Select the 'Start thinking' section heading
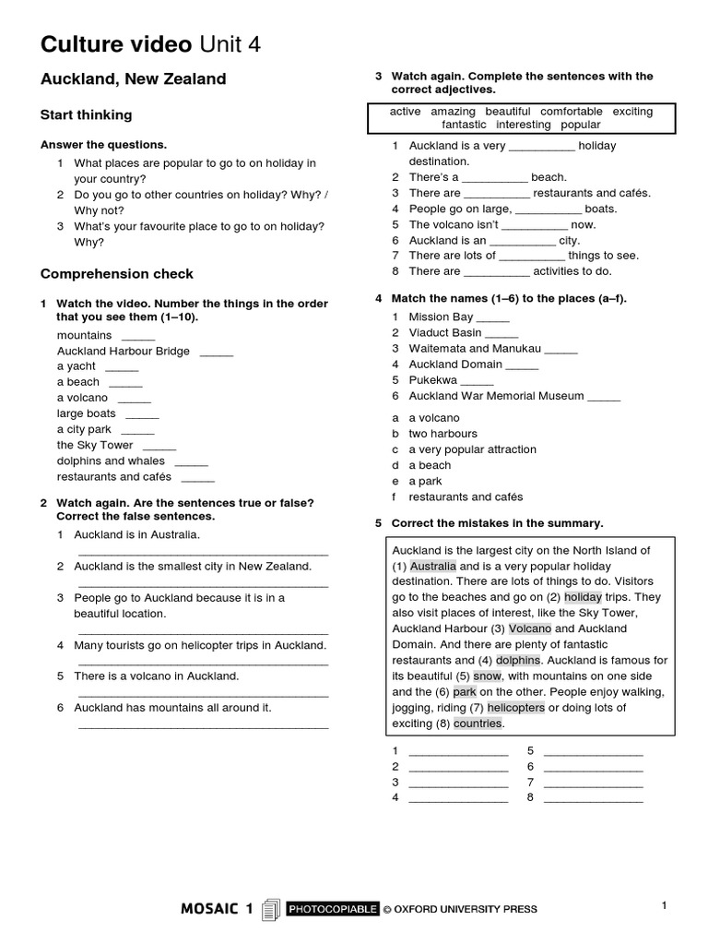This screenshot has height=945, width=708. tap(86, 115)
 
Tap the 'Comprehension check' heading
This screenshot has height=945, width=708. tap(117, 274)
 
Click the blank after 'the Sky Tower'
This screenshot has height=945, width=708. tap(160, 446)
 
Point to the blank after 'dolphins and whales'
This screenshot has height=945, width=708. tap(191, 461)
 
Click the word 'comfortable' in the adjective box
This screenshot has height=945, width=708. tap(572, 112)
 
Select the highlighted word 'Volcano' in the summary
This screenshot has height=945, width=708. tap(530, 628)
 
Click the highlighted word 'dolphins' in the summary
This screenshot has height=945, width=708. tap(517, 661)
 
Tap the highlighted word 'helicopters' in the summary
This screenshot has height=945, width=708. tap(515, 708)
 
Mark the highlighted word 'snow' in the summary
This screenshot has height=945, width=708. tap(488, 676)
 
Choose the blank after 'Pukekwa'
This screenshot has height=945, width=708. tap(478, 380)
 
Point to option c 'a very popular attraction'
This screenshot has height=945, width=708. tap(472, 449)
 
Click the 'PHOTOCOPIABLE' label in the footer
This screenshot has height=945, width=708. tap(333, 909)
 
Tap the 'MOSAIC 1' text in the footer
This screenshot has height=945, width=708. tap(217, 909)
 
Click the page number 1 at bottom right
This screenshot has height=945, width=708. tap(664, 906)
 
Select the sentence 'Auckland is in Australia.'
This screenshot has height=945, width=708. tap(136, 534)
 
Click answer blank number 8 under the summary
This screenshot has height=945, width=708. tap(593, 798)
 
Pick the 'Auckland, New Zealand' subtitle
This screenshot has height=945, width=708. tap(133, 79)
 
